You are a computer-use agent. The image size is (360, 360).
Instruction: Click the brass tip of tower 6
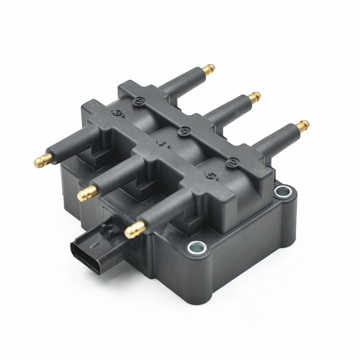click(208, 69)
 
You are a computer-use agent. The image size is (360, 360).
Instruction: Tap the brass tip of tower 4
click(255, 96)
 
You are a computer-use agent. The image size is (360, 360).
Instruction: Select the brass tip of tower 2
click(303, 124)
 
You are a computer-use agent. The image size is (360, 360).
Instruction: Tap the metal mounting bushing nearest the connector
click(197, 246)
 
